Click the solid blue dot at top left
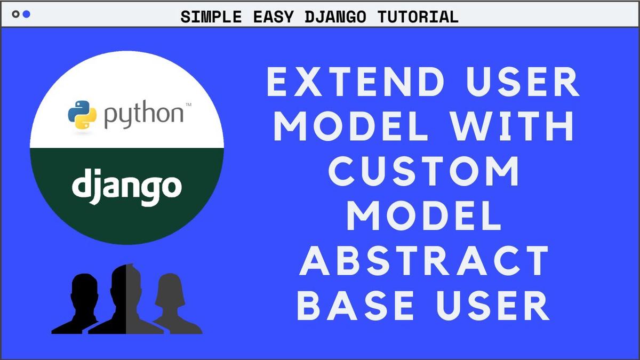pos(26,14)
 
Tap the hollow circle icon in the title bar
pos(15,14)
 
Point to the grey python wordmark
pos(143,115)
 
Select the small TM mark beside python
pos(189,104)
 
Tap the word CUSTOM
pos(424,172)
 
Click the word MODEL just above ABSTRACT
pos(424,217)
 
